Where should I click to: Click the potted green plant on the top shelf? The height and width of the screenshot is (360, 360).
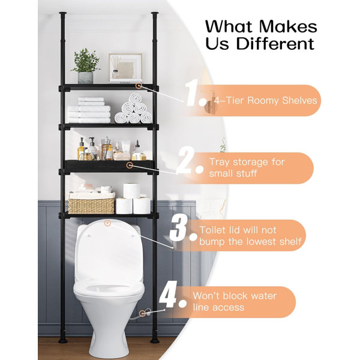(x=85, y=66)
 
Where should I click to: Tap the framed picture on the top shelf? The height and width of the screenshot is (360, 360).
(x=125, y=67)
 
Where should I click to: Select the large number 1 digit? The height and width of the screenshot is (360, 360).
(x=192, y=92)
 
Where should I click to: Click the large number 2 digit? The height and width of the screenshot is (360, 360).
(x=186, y=160)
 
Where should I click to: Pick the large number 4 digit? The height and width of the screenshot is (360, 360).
(x=168, y=294)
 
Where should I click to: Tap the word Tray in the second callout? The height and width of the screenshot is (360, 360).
(x=220, y=163)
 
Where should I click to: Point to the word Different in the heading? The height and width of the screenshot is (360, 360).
(x=275, y=44)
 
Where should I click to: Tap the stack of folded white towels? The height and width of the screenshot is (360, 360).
(x=89, y=110)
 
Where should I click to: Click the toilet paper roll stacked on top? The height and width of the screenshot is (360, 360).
(x=131, y=191)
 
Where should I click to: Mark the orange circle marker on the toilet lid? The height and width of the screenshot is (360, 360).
(x=107, y=223)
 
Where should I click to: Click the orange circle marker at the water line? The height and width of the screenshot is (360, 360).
(x=142, y=313)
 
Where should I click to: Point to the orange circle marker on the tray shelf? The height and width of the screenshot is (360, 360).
(x=130, y=165)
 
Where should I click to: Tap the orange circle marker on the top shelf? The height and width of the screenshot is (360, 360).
(x=139, y=86)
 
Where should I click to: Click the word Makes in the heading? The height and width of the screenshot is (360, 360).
(x=288, y=27)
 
